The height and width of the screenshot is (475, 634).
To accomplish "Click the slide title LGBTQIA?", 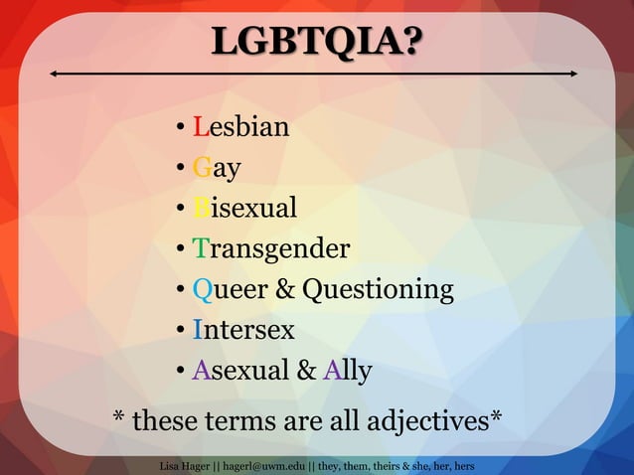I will coord(316,42).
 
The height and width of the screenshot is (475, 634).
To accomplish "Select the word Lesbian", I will coord(240,127).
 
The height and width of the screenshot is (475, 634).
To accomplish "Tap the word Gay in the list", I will coord(217,168).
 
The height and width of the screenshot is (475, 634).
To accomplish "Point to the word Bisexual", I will coord(244,208).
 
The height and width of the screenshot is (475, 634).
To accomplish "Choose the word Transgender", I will coord(270,248).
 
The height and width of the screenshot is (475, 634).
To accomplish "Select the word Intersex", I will coord(243,329).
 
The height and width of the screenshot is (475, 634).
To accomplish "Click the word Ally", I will coord(348,371).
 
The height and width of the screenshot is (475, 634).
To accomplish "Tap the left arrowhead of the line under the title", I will coord(53,75).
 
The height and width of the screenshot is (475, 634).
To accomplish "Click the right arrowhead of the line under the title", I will coord(574,75).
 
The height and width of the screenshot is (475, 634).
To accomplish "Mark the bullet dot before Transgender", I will coord(179,249).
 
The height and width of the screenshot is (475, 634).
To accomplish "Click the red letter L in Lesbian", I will coord(200,127).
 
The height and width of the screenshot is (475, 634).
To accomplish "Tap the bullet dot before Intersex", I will coord(179,330).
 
